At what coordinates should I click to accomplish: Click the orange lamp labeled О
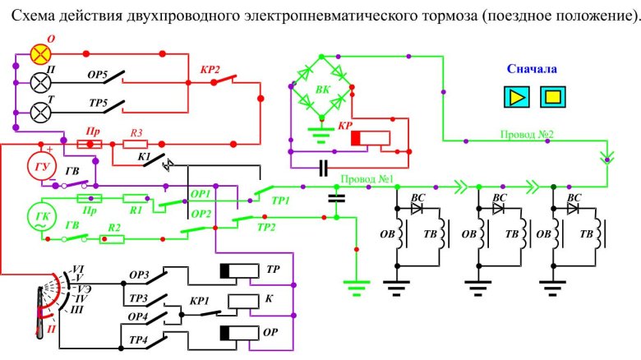[40, 55]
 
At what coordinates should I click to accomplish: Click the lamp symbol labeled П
[40, 82]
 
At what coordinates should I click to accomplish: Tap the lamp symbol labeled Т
[40, 110]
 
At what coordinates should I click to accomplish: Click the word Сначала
[533, 71]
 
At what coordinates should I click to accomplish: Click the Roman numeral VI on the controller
[79, 269]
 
